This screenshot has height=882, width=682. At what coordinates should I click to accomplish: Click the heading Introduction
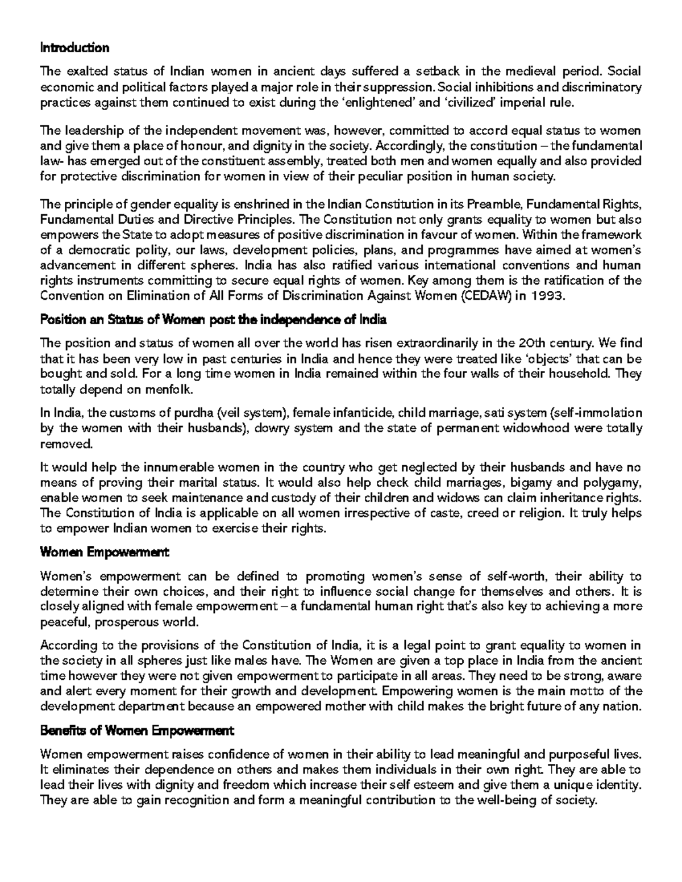point(74,48)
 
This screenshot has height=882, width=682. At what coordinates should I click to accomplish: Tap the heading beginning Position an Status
point(213,320)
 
